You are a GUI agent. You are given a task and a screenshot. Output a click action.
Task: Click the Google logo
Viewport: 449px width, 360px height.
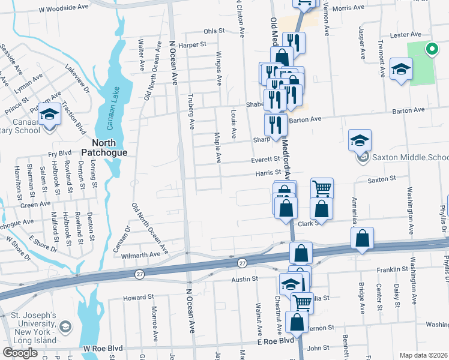(20, 353)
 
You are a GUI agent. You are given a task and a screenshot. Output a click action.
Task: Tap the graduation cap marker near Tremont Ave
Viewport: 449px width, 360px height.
(400, 68)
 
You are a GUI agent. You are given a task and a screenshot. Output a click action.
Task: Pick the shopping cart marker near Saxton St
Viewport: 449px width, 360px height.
(322, 188)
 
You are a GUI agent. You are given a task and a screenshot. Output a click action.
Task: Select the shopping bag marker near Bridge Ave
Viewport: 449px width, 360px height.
(362, 238)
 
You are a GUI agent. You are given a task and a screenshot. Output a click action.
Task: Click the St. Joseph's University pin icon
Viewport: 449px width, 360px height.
(65, 327)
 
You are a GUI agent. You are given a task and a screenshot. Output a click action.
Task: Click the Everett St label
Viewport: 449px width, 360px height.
(266, 160)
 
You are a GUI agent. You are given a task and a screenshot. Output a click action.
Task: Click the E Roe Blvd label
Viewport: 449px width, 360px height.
(276, 340)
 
